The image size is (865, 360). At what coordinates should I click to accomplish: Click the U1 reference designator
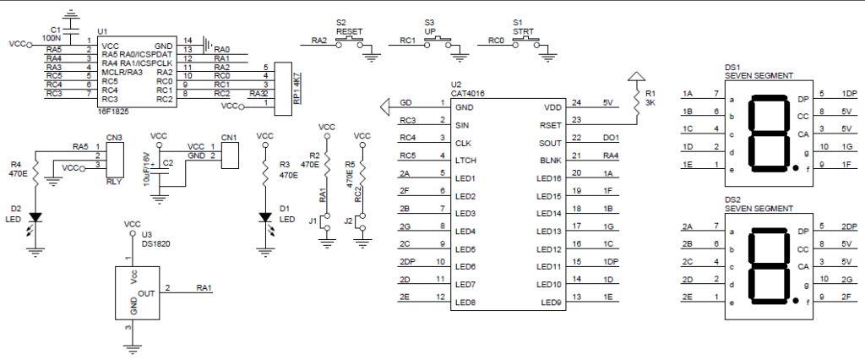coord(102,31)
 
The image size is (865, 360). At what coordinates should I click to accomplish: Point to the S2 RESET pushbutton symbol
coord(349,42)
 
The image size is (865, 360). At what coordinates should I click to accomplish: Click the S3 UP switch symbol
coord(438,42)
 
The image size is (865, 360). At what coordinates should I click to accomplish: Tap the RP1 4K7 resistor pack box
coord(283,89)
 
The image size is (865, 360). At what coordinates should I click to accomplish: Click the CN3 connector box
coord(115,160)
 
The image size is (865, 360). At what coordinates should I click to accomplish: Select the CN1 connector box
coord(230,155)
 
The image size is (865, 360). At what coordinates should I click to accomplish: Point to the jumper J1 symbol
coord(327,221)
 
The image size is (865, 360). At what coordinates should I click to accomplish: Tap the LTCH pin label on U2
coord(466,161)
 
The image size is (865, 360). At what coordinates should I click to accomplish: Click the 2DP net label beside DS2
coord(849,226)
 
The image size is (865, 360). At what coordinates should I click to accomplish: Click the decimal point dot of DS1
coord(795,167)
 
